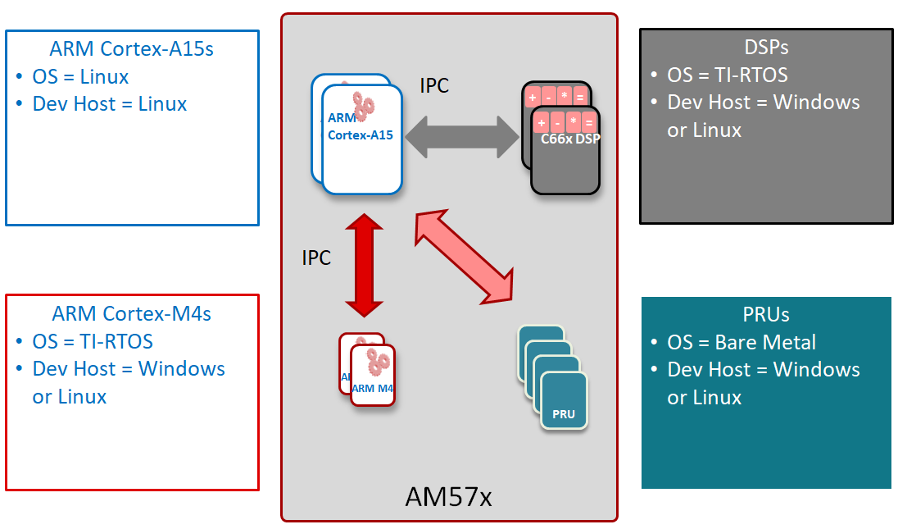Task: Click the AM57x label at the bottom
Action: pyautogui.click(x=448, y=496)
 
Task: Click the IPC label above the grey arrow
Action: pyautogui.click(x=434, y=85)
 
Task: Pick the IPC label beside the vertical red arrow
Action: pyautogui.click(x=316, y=258)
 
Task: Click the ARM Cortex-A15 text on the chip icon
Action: pyautogui.click(x=360, y=127)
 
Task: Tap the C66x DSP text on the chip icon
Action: pyautogui.click(x=570, y=139)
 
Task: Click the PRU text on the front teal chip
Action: pyautogui.click(x=564, y=413)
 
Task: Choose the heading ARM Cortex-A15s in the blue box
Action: pyautogui.click(x=133, y=48)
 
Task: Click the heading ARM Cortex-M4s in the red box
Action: pyautogui.click(x=133, y=313)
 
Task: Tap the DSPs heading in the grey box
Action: pyautogui.click(x=765, y=48)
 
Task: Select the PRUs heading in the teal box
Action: pyautogui.click(x=765, y=315)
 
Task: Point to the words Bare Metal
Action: pyautogui.click(x=765, y=342)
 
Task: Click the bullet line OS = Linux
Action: pyautogui.click(x=80, y=76)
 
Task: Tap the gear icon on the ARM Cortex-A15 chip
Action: pyautogui.click(x=364, y=105)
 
